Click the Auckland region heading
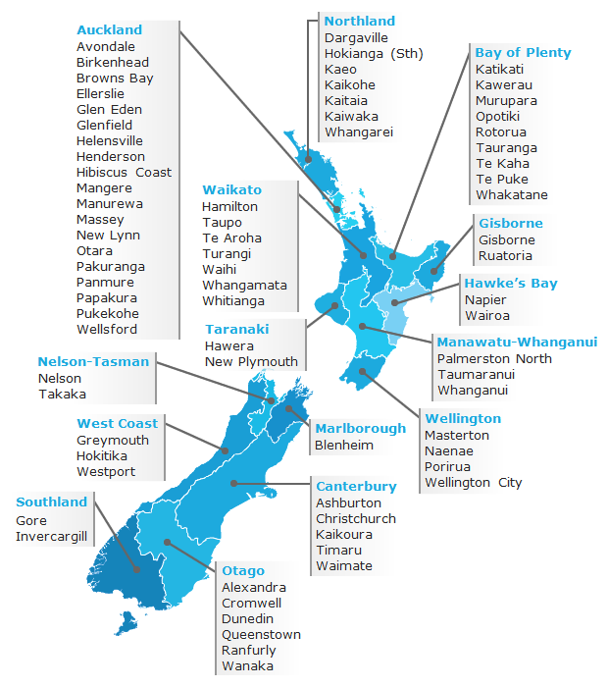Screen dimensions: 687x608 coord(109,30)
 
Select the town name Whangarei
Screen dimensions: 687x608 coord(358,132)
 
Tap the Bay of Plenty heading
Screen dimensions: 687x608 coord(523,53)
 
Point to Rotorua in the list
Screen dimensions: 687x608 coord(500,132)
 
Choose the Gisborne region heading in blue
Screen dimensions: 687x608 coord(510,224)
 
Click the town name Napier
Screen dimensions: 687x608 coord(485,300)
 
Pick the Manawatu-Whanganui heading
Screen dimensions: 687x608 coord(516,343)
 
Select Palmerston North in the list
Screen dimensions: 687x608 coord(494,359)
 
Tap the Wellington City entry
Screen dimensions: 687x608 coord(473,483)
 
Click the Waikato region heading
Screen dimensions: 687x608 coord(231,189)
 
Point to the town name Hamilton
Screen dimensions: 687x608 coord(229,207)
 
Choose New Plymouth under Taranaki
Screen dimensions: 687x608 coord(251,362)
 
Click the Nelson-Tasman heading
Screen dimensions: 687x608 coord(93,361)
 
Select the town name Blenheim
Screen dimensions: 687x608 coord(344,446)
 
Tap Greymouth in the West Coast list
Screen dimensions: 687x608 coord(113,441)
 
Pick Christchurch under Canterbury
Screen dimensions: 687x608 coord(355,518)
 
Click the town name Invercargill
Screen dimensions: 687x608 coord(51,537)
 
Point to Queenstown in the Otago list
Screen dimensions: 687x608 coord(261,635)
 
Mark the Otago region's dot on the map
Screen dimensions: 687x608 coord(168,541)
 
